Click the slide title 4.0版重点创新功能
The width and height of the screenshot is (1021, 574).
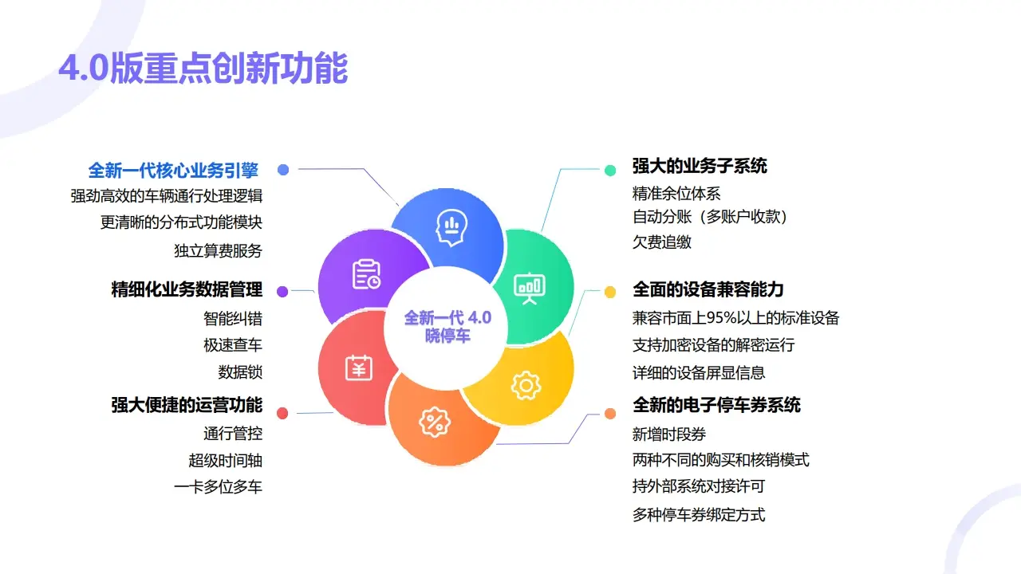(203, 69)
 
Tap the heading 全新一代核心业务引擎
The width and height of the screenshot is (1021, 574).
(173, 170)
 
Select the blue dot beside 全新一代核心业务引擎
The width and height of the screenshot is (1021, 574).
(282, 169)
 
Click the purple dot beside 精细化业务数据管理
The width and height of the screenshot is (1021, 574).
(282, 291)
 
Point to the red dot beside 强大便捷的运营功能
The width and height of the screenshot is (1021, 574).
(282, 413)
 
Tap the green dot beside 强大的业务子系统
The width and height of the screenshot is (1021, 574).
(610, 170)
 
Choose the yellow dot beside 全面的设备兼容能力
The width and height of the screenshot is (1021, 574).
(610, 292)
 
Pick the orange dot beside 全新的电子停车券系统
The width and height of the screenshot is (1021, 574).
(610, 413)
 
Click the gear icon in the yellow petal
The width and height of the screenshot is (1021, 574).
(526, 386)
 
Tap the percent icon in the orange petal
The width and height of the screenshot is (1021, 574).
(435, 422)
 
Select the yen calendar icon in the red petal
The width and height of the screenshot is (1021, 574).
(358, 368)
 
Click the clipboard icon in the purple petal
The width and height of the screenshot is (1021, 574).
(366, 273)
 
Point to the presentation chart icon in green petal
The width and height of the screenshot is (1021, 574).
(529, 288)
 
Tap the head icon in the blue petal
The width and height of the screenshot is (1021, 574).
(451, 227)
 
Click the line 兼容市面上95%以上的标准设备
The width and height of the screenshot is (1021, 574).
(735, 318)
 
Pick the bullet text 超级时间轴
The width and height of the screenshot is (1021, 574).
(225, 460)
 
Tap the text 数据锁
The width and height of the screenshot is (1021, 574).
(240, 372)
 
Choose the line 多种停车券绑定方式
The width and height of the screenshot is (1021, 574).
(699, 514)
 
